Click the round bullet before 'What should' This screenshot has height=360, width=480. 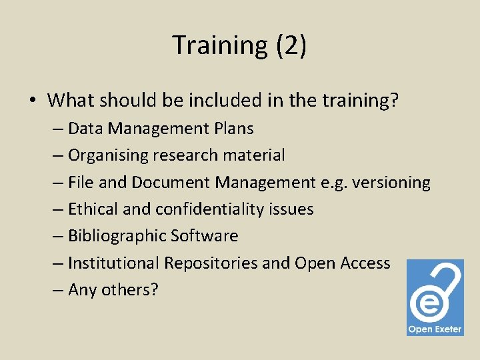pyautogui.click(x=32, y=101)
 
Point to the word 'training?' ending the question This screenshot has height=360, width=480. pyautogui.click(x=361, y=101)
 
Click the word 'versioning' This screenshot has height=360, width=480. pyautogui.click(x=393, y=182)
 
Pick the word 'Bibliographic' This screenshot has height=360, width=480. pyautogui.click(x=117, y=236)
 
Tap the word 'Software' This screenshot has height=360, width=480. pyautogui.click(x=204, y=236)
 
